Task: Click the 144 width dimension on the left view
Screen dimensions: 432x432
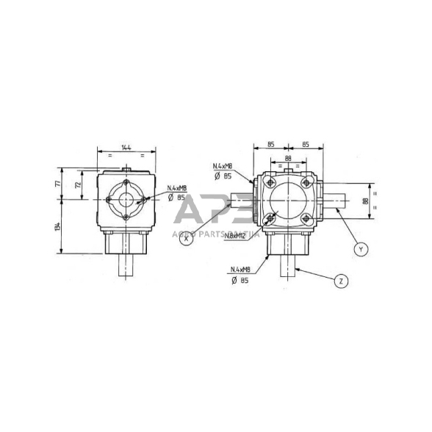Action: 126,148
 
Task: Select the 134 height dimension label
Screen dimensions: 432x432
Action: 58,227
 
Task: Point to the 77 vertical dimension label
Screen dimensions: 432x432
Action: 58,184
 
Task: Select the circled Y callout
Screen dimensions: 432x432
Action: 360,249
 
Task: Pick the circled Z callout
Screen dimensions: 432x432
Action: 339,280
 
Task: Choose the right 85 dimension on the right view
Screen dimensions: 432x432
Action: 304,144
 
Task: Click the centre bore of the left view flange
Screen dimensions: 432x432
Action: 126,198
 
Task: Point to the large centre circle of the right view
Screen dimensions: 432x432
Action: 287,200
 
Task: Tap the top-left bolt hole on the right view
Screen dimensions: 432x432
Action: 270,183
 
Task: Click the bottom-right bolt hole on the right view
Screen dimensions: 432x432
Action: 304,217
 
